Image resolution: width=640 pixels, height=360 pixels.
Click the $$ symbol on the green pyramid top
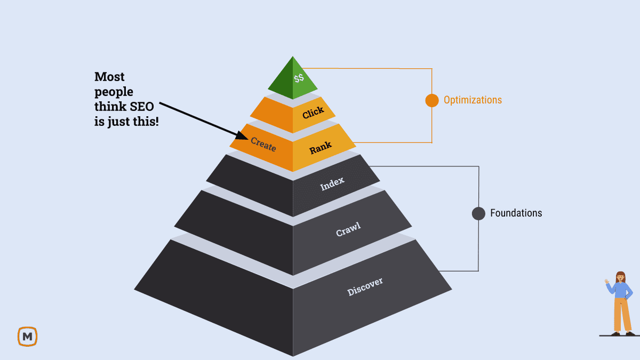point(299,78)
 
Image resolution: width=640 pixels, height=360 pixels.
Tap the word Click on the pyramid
point(313,113)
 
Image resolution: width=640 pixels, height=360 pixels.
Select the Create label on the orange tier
point(263,144)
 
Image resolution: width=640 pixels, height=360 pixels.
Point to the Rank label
point(321,147)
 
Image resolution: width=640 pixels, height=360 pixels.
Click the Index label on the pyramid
point(332,184)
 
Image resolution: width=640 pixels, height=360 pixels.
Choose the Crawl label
point(348,229)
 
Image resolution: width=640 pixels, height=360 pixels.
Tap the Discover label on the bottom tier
point(365,287)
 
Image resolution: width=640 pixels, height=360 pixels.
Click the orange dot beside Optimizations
point(431,100)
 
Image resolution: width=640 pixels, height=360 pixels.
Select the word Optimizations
point(473,100)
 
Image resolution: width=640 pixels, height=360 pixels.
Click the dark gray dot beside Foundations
point(478,213)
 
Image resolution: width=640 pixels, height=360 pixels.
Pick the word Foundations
point(516,213)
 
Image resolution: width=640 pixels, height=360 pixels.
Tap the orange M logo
point(27,337)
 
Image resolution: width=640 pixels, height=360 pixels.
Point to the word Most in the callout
point(109,77)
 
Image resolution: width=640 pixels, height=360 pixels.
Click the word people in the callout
point(114,92)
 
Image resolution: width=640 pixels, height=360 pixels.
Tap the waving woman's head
point(620,277)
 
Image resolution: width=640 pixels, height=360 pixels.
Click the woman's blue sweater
point(620,291)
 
